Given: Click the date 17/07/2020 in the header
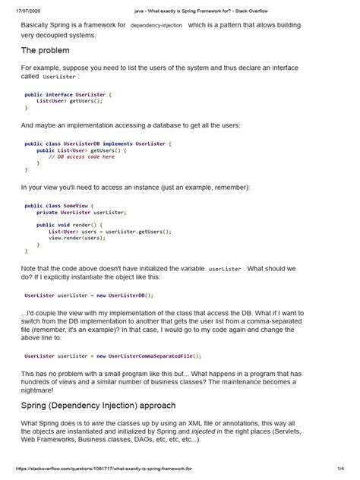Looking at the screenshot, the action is click(30, 11).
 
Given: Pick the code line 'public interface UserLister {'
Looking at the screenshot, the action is click(68, 94).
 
